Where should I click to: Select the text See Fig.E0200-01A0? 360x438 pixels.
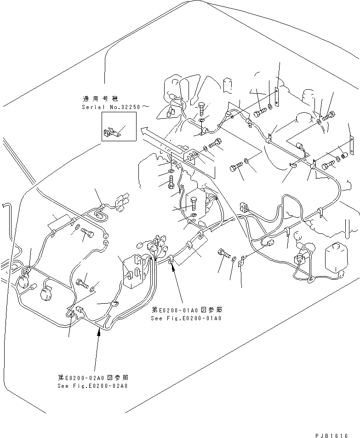[186, 318]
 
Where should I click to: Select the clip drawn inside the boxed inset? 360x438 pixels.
[111, 133]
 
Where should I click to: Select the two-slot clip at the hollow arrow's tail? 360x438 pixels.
[193, 156]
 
